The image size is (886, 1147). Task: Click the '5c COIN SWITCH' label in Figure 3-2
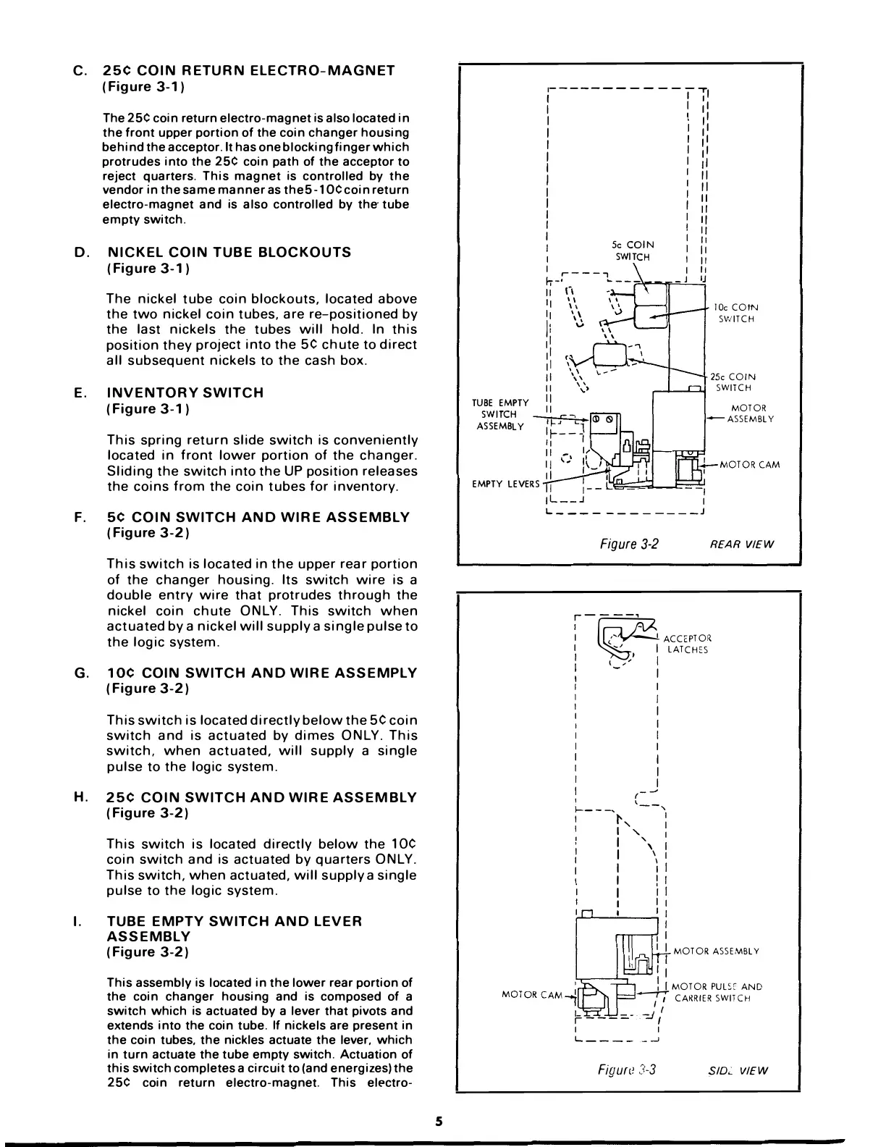point(632,251)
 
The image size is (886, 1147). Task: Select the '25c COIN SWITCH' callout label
point(733,382)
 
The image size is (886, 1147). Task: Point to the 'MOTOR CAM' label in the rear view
point(750,465)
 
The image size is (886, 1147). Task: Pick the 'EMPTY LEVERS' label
point(505,484)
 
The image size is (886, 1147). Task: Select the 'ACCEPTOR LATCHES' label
point(687,644)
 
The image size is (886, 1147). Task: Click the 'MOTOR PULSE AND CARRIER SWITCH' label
point(717,992)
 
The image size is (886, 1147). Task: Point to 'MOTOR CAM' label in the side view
point(531,995)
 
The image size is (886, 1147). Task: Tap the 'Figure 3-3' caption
point(627,1070)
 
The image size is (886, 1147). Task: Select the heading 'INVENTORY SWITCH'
point(185,392)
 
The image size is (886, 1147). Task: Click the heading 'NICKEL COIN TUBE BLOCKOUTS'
point(229,252)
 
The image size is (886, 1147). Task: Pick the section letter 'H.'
point(81,797)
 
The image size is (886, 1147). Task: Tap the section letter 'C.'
point(81,70)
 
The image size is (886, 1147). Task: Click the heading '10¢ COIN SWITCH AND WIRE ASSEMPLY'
point(261,673)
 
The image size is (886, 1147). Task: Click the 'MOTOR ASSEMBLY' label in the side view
point(716,951)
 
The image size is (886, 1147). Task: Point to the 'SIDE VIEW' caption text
point(738,1071)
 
